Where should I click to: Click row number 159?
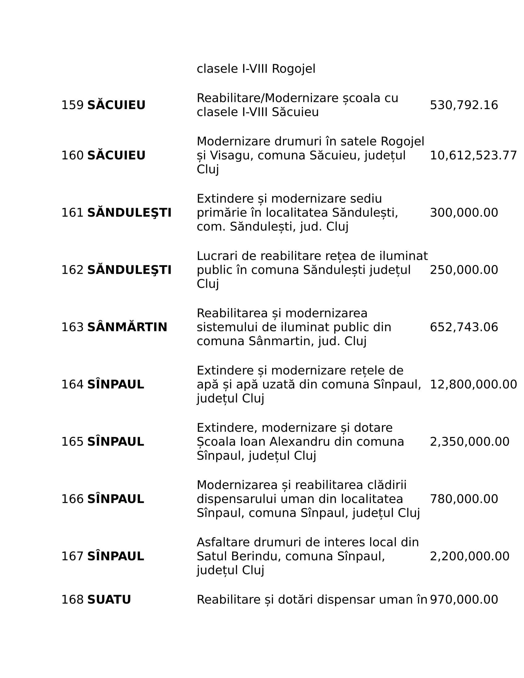click(72, 105)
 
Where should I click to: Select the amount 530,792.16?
click(464, 105)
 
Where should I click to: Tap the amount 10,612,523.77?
click(473, 155)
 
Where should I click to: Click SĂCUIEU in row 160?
click(116, 155)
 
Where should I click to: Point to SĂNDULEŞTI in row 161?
click(129, 213)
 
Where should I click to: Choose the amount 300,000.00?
click(464, 213)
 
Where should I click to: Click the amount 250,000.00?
click(464, 270)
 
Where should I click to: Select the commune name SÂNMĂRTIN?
click(127, 327)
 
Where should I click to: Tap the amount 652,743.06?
click(464, 327)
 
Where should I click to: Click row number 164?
click(72, 385)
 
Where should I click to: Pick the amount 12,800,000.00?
click(473, 385)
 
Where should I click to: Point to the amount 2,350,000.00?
click(469, 442)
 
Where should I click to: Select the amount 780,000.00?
click(464, 499)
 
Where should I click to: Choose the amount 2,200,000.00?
click(469, 556)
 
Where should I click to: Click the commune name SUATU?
click(109, 599)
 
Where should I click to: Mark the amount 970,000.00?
click(464, 599)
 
